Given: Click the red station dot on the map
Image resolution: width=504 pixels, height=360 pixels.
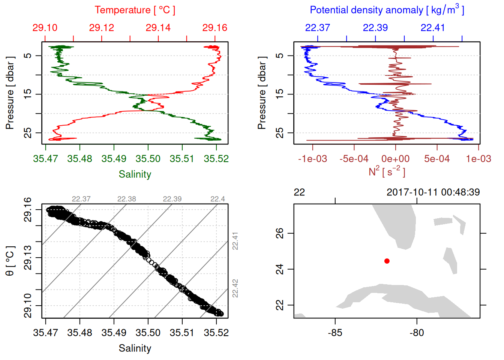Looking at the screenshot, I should tap(387, 261).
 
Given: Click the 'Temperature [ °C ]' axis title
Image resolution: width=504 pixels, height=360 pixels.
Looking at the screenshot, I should tap(135, 10).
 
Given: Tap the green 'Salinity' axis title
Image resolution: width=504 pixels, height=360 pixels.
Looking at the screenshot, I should tap(135, 174).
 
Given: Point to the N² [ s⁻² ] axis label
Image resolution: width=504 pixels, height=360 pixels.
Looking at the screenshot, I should tap(387, 172).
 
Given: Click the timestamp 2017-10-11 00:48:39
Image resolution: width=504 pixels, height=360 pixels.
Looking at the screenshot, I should tap(433, 192).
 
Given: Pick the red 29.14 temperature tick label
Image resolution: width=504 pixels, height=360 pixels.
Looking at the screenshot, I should tap(158, 28).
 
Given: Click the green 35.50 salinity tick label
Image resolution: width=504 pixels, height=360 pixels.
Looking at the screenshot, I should tap(148, 159).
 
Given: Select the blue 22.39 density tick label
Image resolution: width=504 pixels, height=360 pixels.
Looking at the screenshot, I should tap(375, 28).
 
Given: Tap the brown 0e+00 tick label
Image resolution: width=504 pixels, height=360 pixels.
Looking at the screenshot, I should tap(395, 159).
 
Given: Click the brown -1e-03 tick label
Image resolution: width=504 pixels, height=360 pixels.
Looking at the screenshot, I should tap(312, 159).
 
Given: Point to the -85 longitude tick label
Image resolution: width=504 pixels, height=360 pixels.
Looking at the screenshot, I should tap(335, 333).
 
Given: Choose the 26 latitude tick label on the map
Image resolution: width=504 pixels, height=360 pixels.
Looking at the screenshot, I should tap(280, 233).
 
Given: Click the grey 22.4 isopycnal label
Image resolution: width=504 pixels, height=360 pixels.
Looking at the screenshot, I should tap(217, 199).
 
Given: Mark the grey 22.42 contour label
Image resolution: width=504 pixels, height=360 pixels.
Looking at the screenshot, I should tap(235, 288).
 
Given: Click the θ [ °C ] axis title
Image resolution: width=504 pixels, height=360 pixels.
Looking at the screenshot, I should tap(10, 261).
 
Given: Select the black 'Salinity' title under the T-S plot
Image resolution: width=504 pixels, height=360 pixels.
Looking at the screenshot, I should tap(135, 348).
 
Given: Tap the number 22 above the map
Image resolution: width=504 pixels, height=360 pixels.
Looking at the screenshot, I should tap(299, 192).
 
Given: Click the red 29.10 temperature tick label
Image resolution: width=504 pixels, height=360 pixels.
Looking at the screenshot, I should tap(45, 28).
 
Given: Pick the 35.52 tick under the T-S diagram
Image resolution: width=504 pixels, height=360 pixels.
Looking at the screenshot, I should tap(216, 333).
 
